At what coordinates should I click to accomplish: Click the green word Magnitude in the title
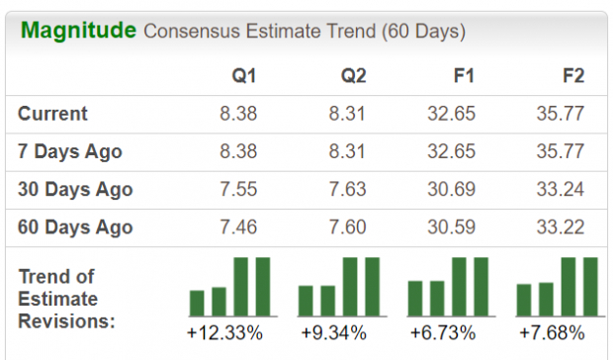78,31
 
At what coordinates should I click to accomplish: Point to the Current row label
52,114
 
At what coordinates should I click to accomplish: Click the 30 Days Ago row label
75,190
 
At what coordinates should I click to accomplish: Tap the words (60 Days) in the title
422,32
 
